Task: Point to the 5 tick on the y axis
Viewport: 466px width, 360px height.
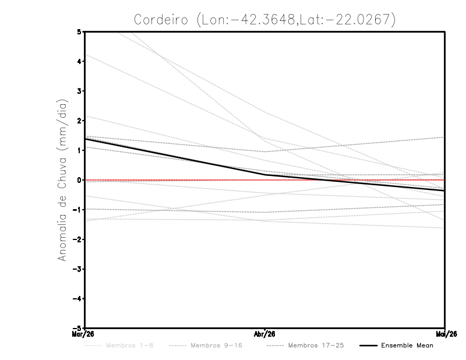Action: click(79, 31)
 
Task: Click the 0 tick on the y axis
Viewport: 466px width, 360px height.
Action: click(79, 180)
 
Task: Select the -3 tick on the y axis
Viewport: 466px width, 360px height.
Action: click(77, 269)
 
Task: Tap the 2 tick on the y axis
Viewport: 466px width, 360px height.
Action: click(79, 121)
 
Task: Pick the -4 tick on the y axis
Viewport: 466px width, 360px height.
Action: click(77, 299)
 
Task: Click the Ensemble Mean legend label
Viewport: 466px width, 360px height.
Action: click(407, 345)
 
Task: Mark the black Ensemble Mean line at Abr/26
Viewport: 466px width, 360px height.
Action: click(265, 175)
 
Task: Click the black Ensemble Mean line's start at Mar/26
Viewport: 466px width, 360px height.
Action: click(85, 139)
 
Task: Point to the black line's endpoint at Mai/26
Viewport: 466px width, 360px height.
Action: click(444, 190)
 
